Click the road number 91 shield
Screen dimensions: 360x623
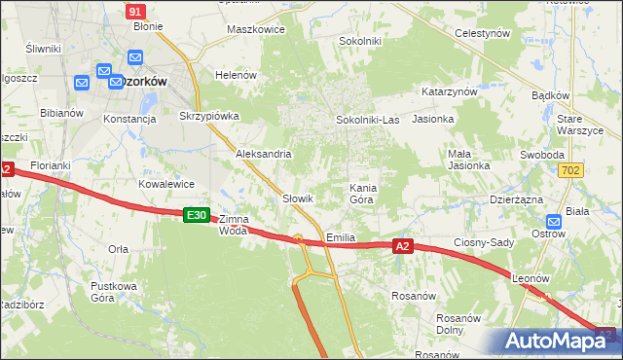tap(136, 11)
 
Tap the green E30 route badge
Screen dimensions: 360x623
tap(197, 215)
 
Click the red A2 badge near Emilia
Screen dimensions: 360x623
tap(404, 248)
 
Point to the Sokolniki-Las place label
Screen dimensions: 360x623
tap(367, 120)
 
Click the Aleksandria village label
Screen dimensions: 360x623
tap(264, 154)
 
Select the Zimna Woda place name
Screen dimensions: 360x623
tap(234, 225)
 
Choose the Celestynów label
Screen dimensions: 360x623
tap(483, 32)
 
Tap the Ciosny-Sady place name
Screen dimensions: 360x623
tap(484, 241)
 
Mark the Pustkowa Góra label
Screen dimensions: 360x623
tap(112, 292)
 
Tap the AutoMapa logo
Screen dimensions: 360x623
tap(558, 342)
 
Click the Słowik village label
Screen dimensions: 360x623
tap(297, 198)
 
